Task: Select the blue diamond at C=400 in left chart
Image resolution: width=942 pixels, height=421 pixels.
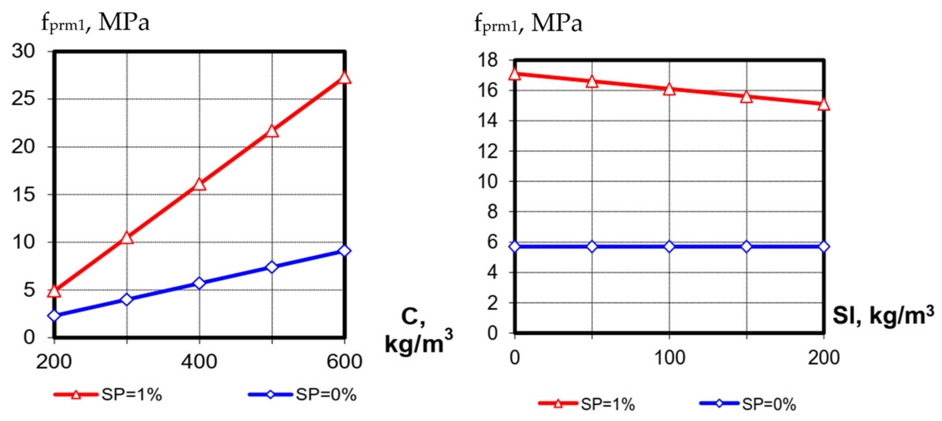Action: pos(199,283)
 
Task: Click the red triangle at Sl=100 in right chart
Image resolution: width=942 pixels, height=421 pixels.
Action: pos(669,89)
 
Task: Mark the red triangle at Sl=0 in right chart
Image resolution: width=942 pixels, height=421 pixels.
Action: pos(515,74)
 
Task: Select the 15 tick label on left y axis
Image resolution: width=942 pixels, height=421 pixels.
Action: pos(23,195)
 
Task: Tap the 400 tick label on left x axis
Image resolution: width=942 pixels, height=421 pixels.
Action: pos(199,362)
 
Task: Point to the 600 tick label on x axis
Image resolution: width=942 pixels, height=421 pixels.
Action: pos(344,362)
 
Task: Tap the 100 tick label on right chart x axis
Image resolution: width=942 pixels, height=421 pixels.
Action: pos(669,358)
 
